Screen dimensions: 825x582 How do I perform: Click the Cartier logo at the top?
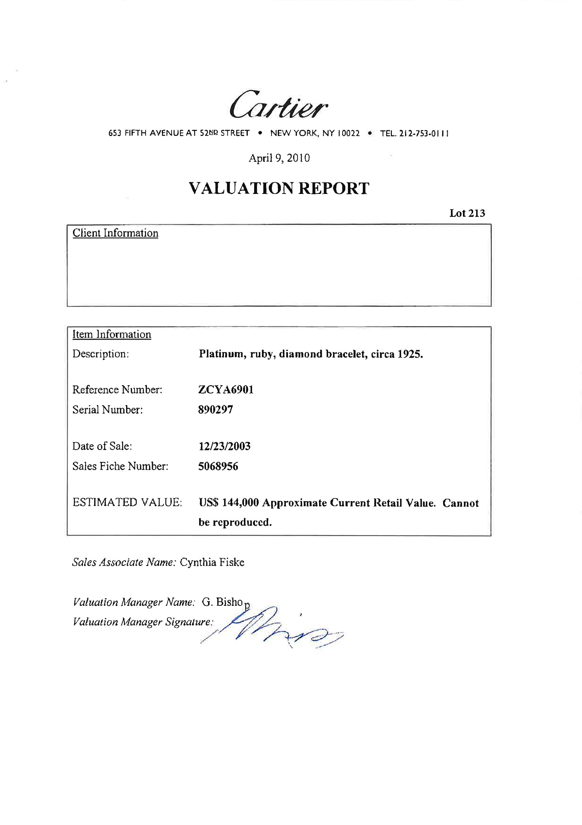point(278,105)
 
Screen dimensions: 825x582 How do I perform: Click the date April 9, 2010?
point(279,158)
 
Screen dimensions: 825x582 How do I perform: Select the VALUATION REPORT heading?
point(279,189)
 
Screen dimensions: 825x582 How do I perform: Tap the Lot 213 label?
point(467,213)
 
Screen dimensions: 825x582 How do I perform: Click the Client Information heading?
point(115,233)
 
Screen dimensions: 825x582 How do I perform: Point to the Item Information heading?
point(112,334)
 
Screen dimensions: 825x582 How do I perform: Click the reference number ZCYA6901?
point(225,390)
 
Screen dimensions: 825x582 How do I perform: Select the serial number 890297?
point(215,410)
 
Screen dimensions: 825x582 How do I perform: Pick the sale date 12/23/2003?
point(224,446)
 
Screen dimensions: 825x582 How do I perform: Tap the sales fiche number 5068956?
point(218,467)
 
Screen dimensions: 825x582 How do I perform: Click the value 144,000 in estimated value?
point(240,503)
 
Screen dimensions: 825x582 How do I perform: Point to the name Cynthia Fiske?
point(212,562)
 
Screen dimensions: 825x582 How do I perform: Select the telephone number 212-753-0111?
point(424,134)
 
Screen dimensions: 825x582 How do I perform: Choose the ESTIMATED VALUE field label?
point(127,503)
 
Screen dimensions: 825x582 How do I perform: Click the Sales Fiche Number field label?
point(120,466)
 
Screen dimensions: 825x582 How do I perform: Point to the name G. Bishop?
point(225,602)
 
